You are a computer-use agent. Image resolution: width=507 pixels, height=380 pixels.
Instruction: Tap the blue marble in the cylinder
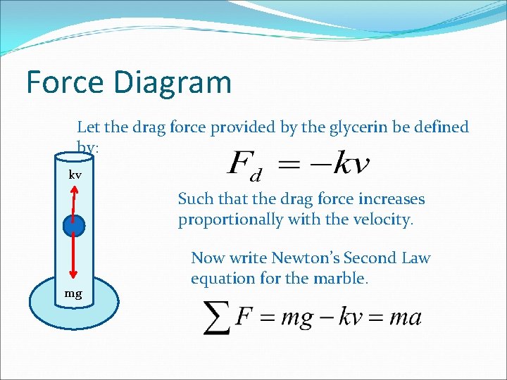(x=74, y=226)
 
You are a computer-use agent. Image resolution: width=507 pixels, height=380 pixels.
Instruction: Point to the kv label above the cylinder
(x=75, y=174)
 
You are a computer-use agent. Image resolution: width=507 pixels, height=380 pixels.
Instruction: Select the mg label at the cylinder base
(x=73, y=293)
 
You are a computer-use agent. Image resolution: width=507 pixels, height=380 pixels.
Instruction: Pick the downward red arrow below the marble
(x=74, y=258)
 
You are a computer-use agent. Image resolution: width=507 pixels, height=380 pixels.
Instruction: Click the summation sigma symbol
(x=217, y=318)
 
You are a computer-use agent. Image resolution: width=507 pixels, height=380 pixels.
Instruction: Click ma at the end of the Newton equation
(x=406, y=317)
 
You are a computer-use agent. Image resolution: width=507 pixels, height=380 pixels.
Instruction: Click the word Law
(x=417, y=258)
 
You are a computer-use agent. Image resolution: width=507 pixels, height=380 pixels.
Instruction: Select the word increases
(x=393, y=199)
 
